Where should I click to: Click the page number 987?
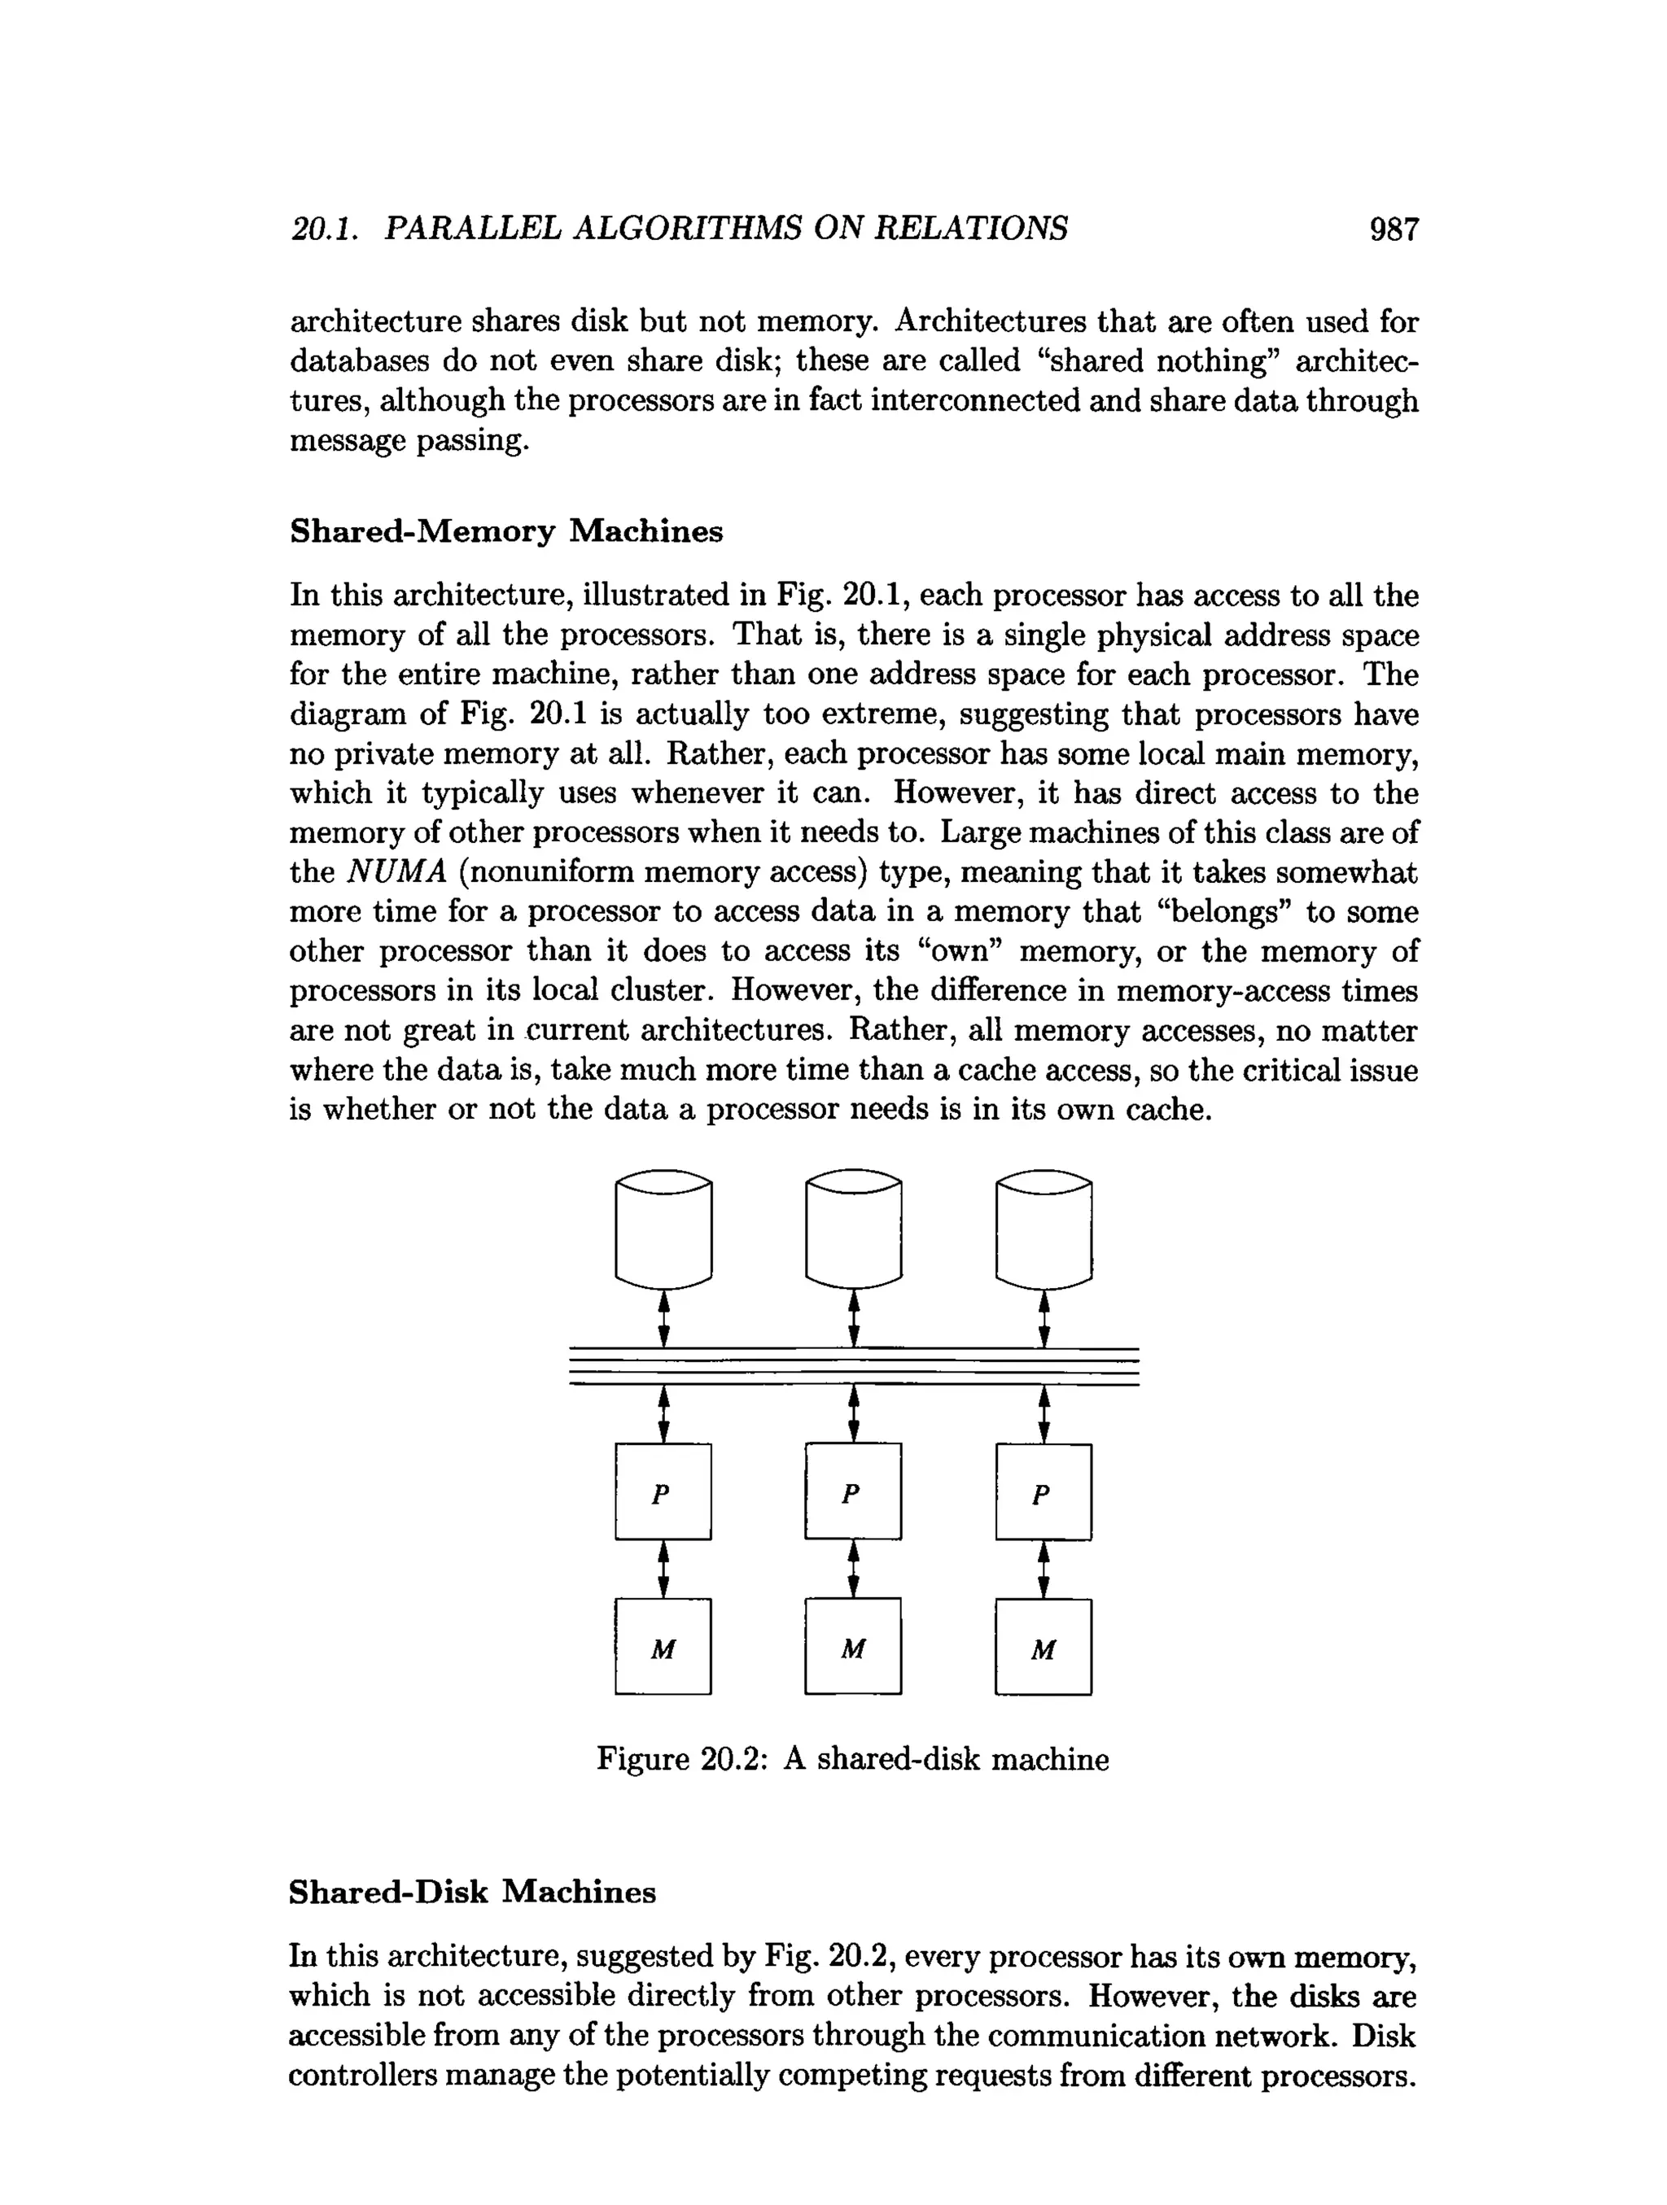click(1393, 230)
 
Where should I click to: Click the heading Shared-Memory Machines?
click(505, 531)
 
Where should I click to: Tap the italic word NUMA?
click(397, 872)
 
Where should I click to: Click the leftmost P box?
click(663, 1492)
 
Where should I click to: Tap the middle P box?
click(853, 1491)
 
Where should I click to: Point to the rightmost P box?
click(1044, 1492)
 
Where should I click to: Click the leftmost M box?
click(663, 1647)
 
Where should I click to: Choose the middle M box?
click(853, 1647)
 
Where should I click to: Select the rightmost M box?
click(1044, 1648)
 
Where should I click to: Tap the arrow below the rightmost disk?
click(1044, 1319)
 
